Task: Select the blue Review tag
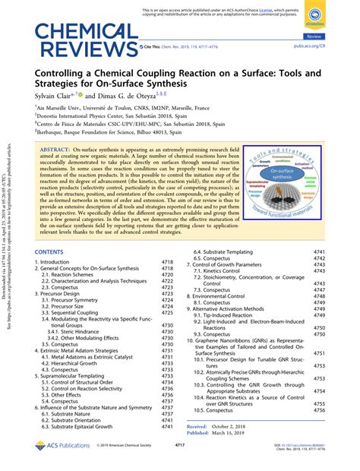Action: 335,36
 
